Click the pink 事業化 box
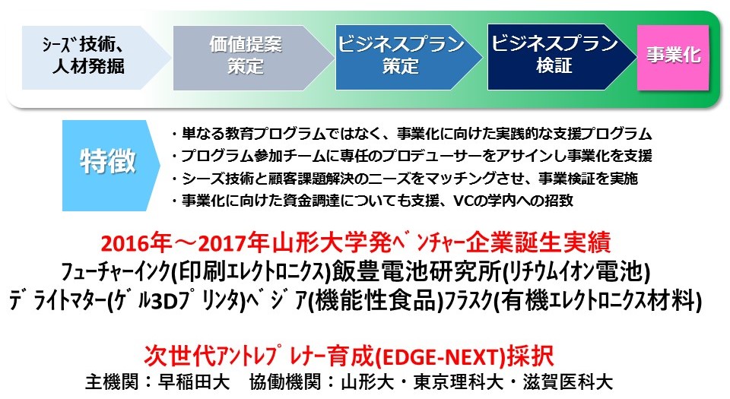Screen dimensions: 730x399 click(x=673, y=58)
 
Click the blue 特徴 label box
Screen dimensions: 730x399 click(x=111, y=166)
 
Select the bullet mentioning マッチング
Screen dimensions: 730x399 click(x=404, y=178)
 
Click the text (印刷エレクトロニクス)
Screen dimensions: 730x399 click(x=252, y=272)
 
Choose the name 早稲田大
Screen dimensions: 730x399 click(x=194, y=382)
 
